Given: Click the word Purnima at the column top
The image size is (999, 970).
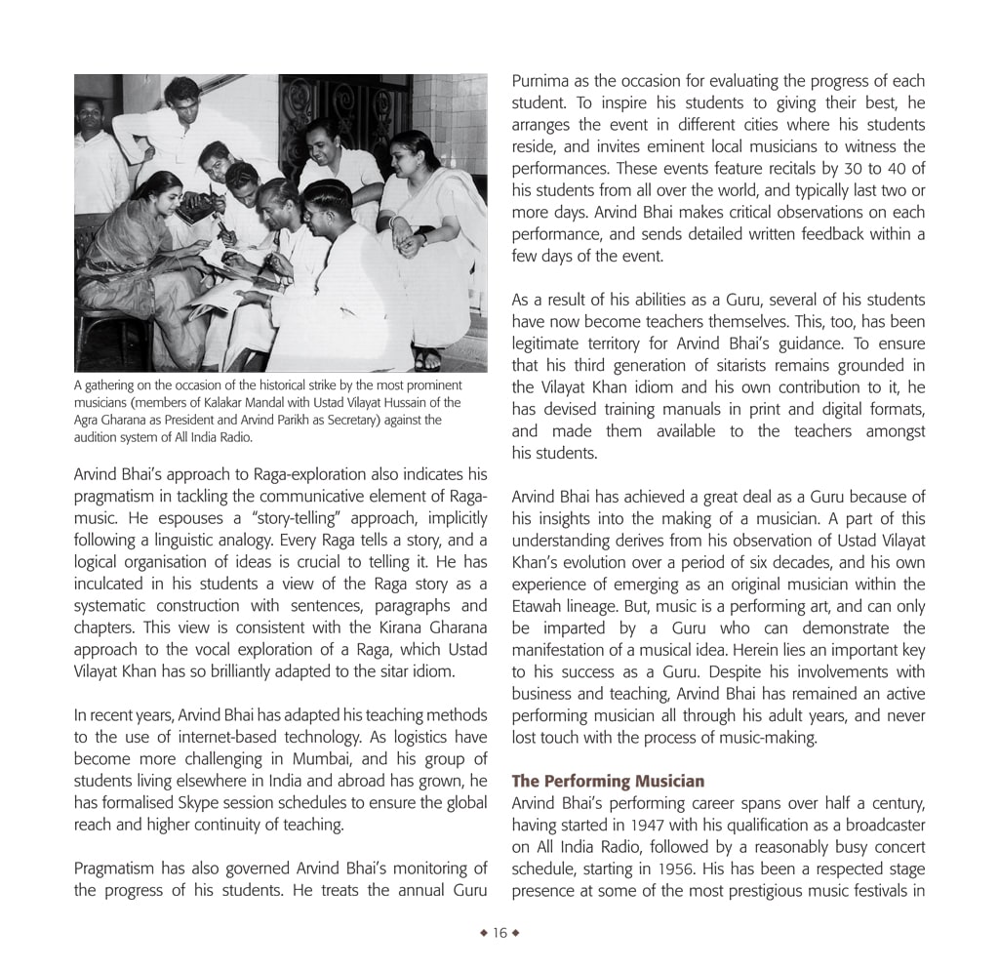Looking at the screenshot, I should (x=541, y=82).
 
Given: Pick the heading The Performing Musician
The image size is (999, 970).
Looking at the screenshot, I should (x=608, y=782).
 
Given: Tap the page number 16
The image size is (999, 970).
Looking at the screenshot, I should (x=499, y=933).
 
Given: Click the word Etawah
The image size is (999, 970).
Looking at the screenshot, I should (x=540, y=606).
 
